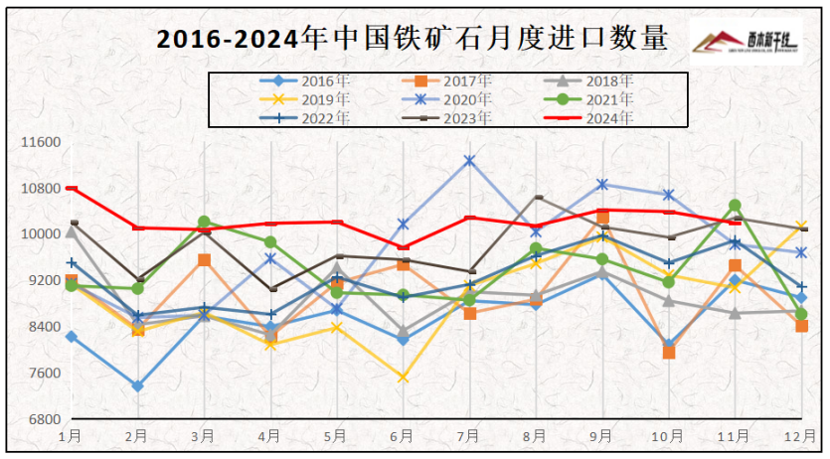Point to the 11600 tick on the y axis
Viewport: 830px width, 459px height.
[x=41, y=142]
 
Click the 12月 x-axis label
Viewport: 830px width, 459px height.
[x=801, y=436]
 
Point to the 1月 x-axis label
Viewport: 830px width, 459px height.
[x=71, y=436]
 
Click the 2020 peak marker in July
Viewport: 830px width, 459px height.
[x=469, y=161]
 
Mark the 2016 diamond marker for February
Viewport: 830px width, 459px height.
[x=137, y=385]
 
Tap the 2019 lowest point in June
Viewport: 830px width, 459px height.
[x=403, y=378]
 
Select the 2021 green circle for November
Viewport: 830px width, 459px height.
[x=735, y=206]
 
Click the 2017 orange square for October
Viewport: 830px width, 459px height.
[x=669, y=352]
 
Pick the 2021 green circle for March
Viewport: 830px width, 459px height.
[x=204, y=222]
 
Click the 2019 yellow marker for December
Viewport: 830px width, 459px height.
[x=802, y=227]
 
